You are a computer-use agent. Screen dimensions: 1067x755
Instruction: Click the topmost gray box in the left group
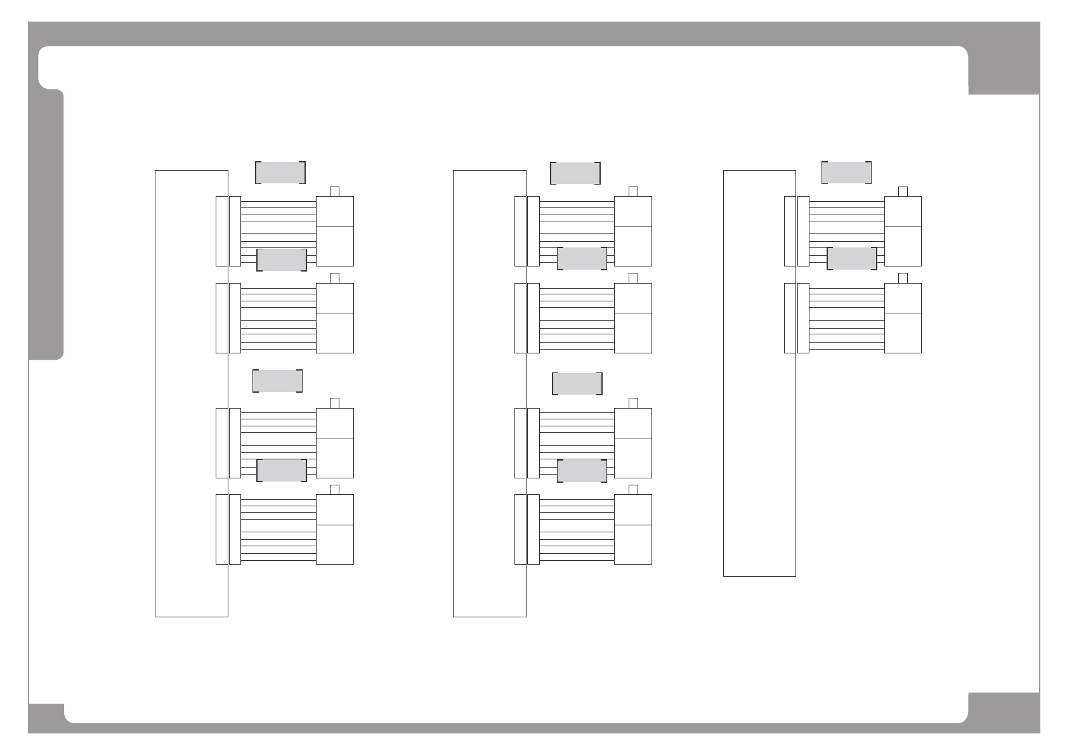point(280,173)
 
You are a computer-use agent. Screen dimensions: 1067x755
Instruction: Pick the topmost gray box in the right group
point(846,173)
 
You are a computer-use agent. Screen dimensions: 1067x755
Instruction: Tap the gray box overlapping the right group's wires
point(852,259)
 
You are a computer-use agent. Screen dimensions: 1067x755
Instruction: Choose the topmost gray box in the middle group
point(575,173)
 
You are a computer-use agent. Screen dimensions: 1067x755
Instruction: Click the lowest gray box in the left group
point(282,470)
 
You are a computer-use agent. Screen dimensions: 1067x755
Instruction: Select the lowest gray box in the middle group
point(582,470)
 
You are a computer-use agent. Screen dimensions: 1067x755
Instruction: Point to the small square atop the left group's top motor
point(335,192)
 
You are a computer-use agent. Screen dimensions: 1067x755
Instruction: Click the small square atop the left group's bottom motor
point(335,489)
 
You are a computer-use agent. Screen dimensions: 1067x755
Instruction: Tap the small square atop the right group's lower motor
point(903,278)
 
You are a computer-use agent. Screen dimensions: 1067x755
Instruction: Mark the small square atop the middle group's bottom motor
point(632,489)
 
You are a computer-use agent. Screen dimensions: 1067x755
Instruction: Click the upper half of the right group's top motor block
point(903,211)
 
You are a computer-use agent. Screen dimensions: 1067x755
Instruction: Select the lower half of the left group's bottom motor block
point(335,544)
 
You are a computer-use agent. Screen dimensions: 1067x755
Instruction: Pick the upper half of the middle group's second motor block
point(633,298)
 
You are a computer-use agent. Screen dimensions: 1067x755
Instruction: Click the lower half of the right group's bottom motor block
point(903,333)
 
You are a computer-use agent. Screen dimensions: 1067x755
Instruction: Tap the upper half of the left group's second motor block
point(335,298)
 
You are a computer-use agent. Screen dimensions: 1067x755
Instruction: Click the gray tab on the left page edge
point(46,225)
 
